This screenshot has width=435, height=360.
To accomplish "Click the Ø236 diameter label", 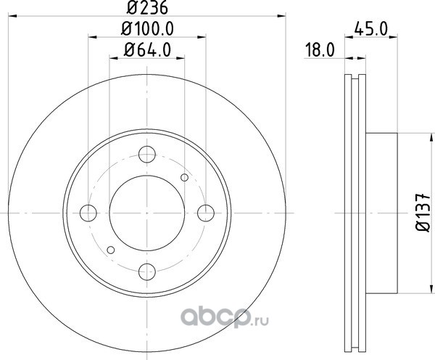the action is coord(147,7).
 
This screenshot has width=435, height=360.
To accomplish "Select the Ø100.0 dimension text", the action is coord(147,28).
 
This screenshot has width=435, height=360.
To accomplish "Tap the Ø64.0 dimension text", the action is coord(147,50).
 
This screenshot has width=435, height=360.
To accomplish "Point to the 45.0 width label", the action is coord(370,29).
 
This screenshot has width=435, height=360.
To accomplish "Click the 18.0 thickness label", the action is coord(320,50).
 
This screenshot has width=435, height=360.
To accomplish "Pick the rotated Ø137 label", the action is coord(423,213).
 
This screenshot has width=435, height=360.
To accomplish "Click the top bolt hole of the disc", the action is coord(147,154).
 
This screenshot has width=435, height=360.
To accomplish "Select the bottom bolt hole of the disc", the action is coord(147,271).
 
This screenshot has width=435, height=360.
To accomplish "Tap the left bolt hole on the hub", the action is coord(88,213).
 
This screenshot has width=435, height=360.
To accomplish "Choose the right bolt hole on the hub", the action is coord(206,213).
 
